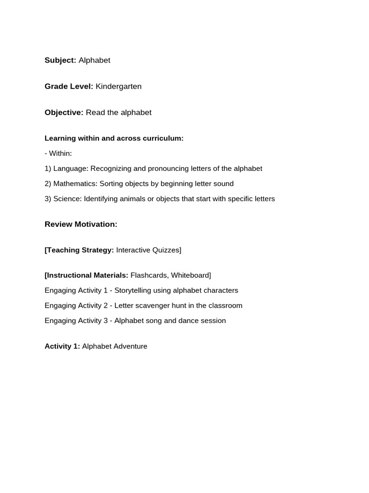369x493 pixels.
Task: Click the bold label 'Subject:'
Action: point(61,60)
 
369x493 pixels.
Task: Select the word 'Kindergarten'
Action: point(119,87)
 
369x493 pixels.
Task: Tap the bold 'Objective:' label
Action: point(64,113)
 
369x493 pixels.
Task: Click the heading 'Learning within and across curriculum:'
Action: point(114,139)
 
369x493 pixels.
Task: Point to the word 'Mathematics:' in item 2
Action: point(75,184)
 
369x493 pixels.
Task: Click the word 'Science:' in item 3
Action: point(67,199)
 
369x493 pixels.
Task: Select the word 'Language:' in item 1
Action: point(71,169)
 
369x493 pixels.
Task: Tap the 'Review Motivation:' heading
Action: point(81,224)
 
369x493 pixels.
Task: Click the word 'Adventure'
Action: point(130,347)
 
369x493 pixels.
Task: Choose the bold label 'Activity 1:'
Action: point(62,347)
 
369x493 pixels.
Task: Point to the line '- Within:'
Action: point(58,154)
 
